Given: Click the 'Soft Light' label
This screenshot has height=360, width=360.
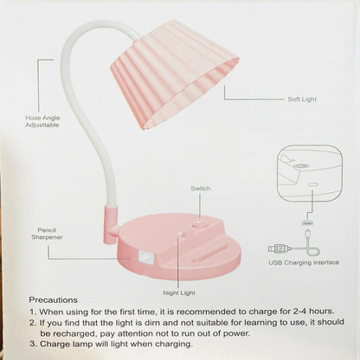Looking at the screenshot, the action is pos(302,100).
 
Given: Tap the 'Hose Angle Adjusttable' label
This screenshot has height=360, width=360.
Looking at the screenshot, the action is pos(42,121).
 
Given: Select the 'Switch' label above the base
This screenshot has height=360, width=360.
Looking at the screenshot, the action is pos(200,189).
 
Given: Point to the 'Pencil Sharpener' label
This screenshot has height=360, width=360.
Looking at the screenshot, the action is pos(47,234).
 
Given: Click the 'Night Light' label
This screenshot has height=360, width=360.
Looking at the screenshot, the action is pos(179,293).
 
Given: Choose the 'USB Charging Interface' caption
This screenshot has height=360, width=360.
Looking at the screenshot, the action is pos(304,262).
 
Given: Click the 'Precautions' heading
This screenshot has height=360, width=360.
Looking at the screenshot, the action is pos(54,300).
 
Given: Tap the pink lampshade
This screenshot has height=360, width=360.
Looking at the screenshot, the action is pos(175,74).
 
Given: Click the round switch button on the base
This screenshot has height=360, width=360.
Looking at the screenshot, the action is pos(200,224).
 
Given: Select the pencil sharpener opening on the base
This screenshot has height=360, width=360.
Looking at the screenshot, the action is pos(145,256).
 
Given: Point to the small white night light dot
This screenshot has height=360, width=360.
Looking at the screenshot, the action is pos(181,234).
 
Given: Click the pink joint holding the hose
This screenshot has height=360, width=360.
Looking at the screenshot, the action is pos(111,225).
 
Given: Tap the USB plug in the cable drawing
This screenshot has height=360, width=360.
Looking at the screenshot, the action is pos(280,248).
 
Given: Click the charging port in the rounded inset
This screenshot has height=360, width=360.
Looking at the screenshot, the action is pos(312,184).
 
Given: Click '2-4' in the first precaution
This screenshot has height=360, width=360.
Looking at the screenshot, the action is pos(301,312).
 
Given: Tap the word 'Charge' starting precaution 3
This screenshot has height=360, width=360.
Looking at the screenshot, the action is pos(53,344).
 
